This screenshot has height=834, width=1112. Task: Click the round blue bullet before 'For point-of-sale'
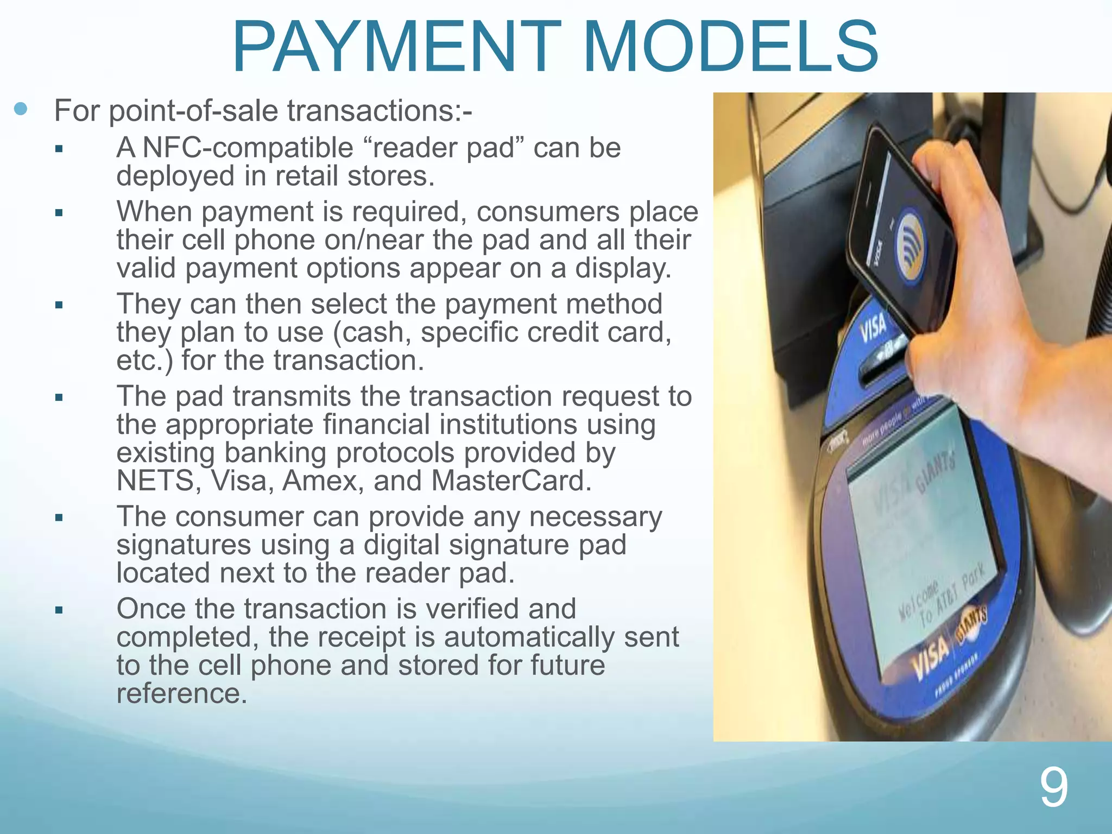tap(21, 109)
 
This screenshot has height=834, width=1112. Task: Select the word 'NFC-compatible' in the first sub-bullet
tap(248, 148)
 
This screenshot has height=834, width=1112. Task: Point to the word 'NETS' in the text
tap(155, 481)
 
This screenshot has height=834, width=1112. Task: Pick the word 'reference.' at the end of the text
tap(182, 693)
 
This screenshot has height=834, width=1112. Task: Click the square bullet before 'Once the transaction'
tap(59, 610)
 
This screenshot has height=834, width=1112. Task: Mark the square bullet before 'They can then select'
tap(59, 305)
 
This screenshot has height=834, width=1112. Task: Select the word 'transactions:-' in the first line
tap(380, 111)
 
